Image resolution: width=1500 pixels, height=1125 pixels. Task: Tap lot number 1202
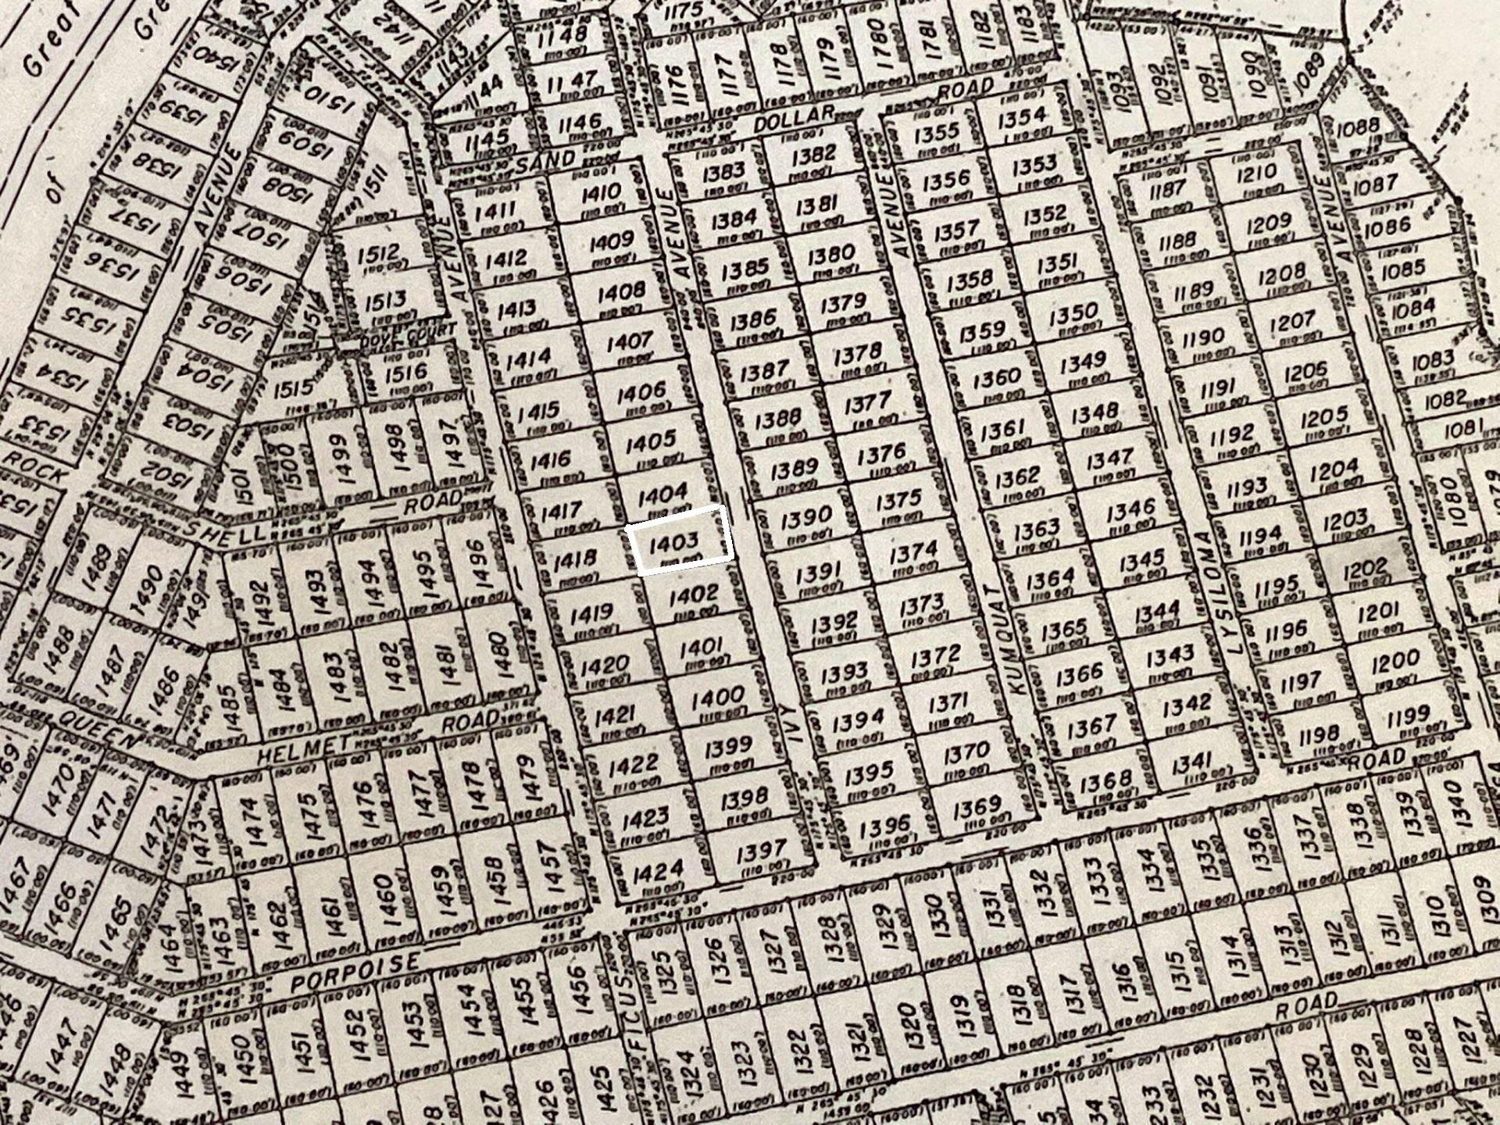coord(1364,568)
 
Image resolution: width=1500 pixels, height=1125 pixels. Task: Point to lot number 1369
coord(977,806)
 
